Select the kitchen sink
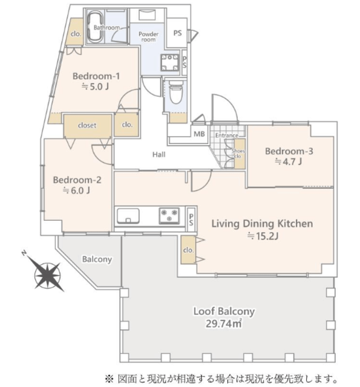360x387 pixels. tap(128, 216)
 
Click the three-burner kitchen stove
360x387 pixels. tap(169, 215)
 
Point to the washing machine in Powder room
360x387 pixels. tap(169, 62)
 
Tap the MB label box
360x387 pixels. tap(199, 134)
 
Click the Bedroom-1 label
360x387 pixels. tap(96, 76)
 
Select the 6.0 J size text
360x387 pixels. tap(77, 190)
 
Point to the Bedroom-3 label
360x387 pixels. tap(289, 151)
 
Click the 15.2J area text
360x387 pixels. tap(263, 236)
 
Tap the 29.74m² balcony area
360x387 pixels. tap(223, 324)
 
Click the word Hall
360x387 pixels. tap(159, 155)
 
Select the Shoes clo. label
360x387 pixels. tap(238, 154)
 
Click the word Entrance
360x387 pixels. tap(227, 135)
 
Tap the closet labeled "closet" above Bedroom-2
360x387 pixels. tap(88, 126)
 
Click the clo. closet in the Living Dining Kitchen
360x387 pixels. tap(188, 250)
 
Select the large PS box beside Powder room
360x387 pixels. tap(177, 33)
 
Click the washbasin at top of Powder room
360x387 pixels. tap(147, 15)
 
